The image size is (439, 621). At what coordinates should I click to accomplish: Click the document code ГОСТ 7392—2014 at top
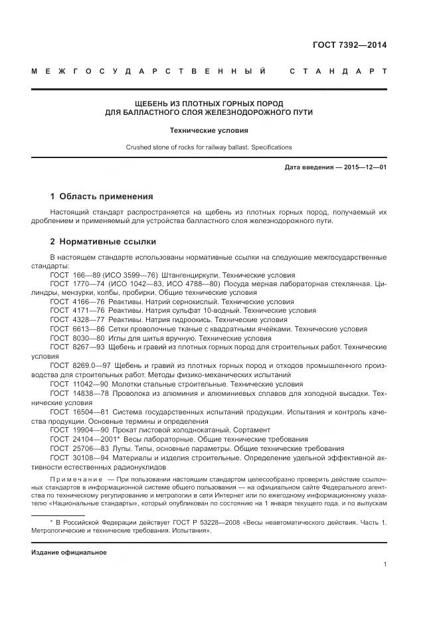[349, 45]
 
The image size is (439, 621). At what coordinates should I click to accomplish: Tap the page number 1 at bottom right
[385, 565]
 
